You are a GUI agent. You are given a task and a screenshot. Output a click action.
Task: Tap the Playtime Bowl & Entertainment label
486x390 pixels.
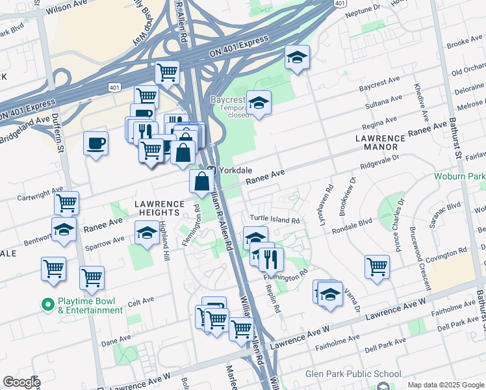[90, 305]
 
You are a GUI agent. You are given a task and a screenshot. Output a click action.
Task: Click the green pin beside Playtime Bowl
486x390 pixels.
[47, 304]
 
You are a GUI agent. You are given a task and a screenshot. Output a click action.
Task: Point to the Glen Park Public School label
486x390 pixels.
[344, 374]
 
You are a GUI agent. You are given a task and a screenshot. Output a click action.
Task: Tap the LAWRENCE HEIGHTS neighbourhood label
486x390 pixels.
[156, 208]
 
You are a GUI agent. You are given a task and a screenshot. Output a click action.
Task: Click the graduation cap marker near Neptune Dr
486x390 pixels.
[297, 58]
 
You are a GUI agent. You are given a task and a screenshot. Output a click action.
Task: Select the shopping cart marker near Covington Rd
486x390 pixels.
[377, 266]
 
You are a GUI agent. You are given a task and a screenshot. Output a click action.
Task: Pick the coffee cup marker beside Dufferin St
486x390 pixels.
[96, 143]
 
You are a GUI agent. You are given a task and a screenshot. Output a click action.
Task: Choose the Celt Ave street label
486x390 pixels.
[141, 301]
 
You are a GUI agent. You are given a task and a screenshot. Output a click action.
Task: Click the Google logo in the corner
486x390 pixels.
[21, 382]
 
